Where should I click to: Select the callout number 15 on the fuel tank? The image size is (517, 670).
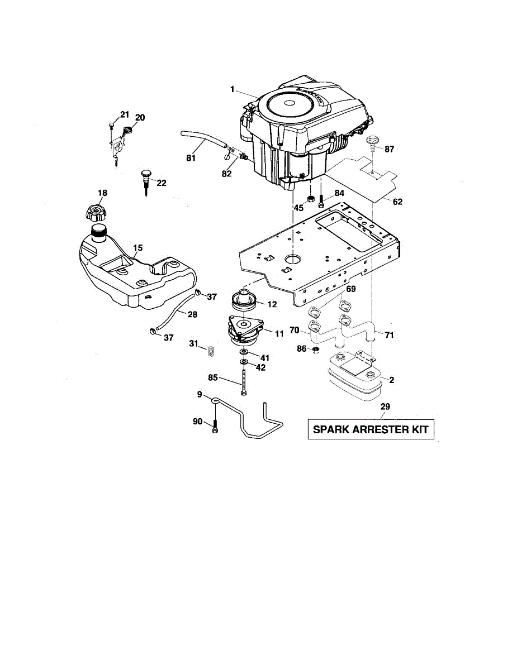point(137,247)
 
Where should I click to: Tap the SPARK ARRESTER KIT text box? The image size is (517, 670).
point(371,429)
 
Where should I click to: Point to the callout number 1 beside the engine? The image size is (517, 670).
point(231,89)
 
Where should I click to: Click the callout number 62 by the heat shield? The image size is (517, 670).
point(397,202)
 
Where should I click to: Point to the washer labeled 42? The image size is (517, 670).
point(245,363)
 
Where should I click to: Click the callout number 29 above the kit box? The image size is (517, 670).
point(385,406)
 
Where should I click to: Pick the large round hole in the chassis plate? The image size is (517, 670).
point(293,260)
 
